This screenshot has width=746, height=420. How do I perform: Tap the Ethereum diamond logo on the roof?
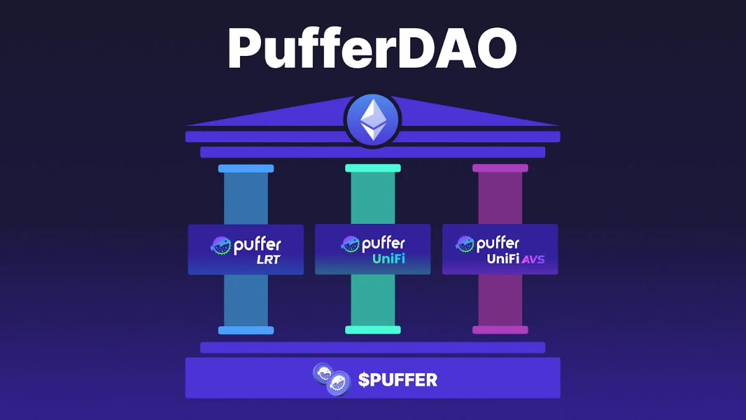tap(372, 120)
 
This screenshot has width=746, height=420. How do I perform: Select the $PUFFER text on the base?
tap(398, 380)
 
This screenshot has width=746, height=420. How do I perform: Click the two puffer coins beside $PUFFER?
tap(332, 379)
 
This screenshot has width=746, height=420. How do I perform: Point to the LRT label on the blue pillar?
tap(269, 259)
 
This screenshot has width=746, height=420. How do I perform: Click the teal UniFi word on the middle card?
tap(389, 259)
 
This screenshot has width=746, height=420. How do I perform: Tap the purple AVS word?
tap(533, 259)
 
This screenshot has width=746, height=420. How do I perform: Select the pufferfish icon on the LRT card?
tap(221, 246)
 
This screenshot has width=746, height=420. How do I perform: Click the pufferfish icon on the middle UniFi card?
tap(351, 244)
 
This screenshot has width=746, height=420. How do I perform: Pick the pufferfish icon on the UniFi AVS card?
tap(465, 244)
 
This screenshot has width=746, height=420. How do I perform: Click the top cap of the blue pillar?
tap(246, 169)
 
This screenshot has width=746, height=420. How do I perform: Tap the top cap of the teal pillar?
tap(373, 168)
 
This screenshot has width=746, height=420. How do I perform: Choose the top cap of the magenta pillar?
tap(500, 168)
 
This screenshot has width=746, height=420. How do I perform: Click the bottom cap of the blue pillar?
tap(246, 330)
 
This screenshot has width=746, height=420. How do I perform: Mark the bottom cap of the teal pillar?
tap(373, 330)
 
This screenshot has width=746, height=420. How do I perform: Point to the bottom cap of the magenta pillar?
tap(500, 330)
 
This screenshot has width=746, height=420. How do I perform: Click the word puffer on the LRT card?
tap(257, 246)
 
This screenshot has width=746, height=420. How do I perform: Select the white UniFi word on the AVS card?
tap(503, 259)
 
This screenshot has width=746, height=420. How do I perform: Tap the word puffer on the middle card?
tap(384, 244)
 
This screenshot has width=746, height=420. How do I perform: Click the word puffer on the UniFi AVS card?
tap(498, 244)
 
